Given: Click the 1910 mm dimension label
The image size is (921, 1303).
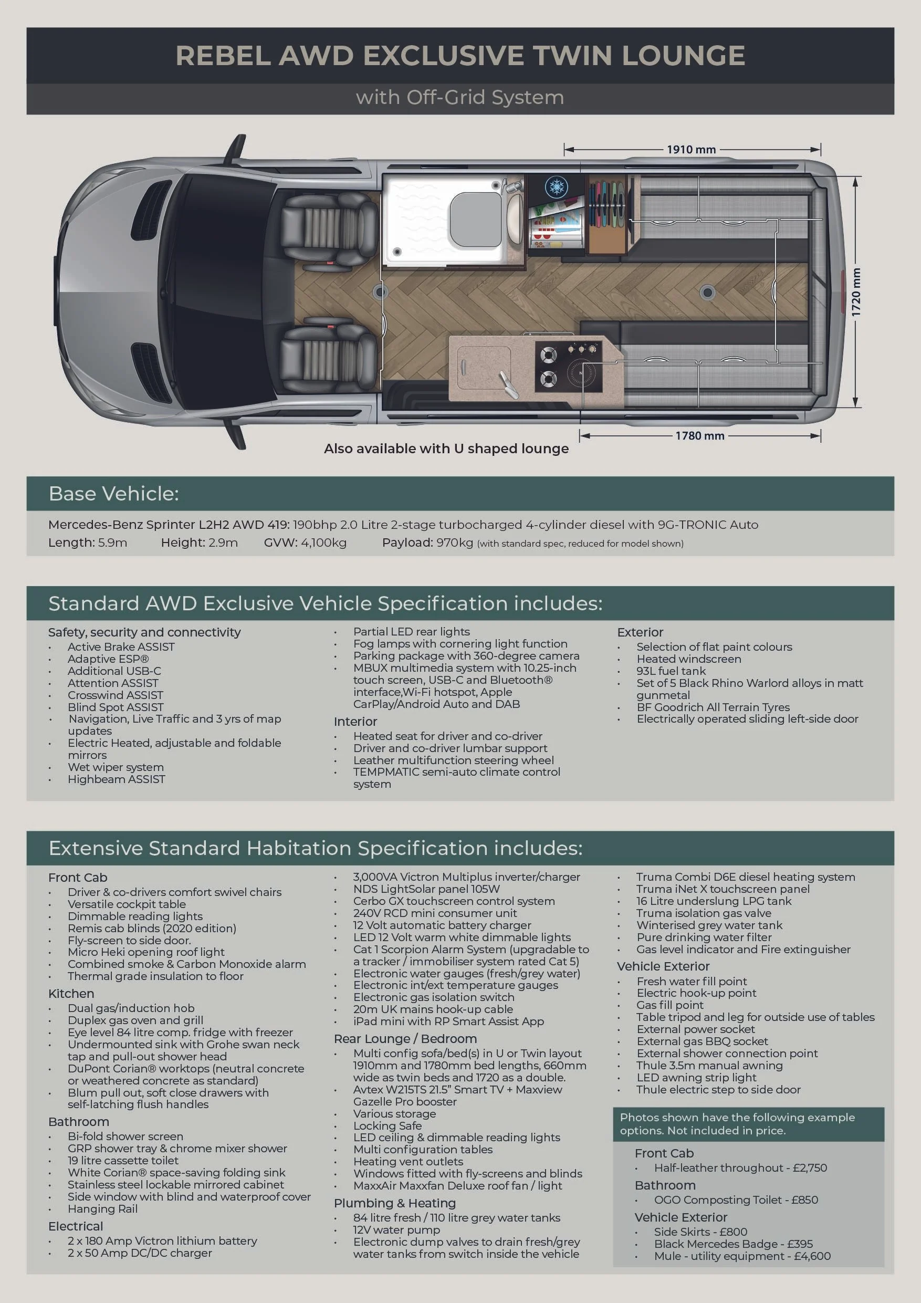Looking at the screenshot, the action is [x=690, y=150].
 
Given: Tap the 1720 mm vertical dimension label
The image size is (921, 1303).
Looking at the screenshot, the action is [x=856, y=291].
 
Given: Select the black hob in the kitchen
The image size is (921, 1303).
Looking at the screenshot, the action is [x=569, y=367].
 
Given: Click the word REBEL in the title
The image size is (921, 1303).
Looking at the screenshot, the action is [x=223, y=56].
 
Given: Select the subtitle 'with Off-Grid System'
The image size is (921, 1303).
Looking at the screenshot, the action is [x=459, y=98].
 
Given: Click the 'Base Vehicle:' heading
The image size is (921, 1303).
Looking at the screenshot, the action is [x=113, y=494].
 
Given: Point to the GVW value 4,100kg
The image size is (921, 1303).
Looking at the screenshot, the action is [x=323, y=543].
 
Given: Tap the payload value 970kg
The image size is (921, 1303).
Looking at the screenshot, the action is [x=455, y=543].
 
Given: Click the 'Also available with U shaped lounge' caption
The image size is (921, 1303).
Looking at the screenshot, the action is [x=446, y=449].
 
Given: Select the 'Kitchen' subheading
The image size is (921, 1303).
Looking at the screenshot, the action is [x=71, y=994].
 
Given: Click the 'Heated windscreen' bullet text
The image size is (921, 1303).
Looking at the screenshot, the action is [x=688, y=659].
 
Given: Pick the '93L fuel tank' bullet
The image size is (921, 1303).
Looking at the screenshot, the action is [x=671, y=671].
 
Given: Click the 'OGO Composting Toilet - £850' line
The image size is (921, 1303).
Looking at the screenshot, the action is [x=736, y=1200].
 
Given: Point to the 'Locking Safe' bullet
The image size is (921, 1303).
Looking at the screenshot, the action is [x=387, y=1125].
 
